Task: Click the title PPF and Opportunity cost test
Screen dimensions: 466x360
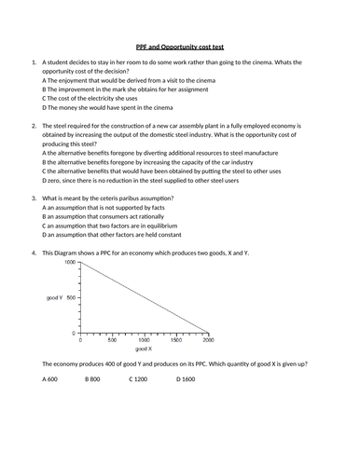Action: [180, 44]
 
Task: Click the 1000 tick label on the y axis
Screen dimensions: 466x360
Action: [71, 263]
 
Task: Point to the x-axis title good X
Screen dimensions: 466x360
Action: [144, 349]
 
